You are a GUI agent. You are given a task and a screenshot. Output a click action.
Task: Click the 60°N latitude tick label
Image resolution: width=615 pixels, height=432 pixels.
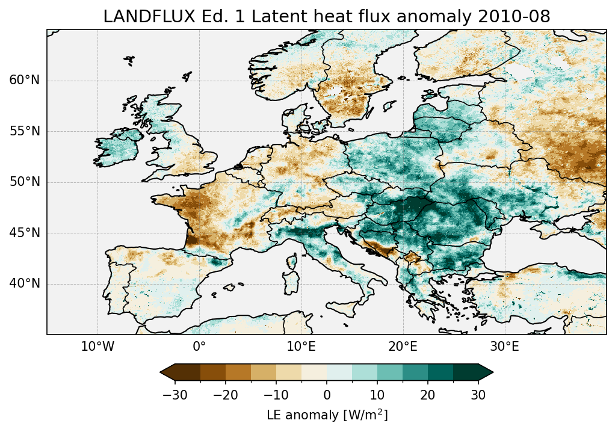(25, 81)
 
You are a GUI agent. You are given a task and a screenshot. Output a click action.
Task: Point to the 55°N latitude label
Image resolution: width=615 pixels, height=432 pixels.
(25, 131)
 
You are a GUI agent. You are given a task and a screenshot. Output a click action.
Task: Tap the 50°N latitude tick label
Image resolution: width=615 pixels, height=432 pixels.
(25, 182)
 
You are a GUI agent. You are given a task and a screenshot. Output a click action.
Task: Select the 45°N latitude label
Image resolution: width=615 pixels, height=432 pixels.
(25, 233)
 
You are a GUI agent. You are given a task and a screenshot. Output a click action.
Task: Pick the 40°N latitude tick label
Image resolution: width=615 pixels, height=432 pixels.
(25, 283)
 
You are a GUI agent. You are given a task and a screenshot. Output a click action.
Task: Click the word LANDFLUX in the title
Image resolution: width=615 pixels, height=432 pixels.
(138, 17)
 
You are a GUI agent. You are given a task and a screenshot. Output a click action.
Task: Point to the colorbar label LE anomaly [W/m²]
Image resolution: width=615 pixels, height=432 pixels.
(327, 415)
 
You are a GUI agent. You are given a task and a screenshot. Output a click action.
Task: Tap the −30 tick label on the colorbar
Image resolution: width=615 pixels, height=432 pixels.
(175, 395)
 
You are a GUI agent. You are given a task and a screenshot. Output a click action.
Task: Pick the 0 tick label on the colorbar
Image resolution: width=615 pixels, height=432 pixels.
(327, 395)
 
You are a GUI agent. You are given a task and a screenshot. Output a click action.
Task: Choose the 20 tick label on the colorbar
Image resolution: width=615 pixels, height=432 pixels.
(428, 395)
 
